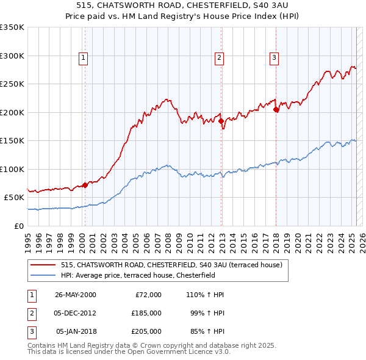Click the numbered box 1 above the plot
82,58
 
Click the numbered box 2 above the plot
219,58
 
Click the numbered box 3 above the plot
274,58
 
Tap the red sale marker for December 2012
221,121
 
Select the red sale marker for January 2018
276,110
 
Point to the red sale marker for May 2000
85,185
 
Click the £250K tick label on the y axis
12,84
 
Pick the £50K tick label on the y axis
14,198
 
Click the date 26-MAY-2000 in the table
76,295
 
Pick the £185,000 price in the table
146,313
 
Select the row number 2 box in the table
30,313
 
